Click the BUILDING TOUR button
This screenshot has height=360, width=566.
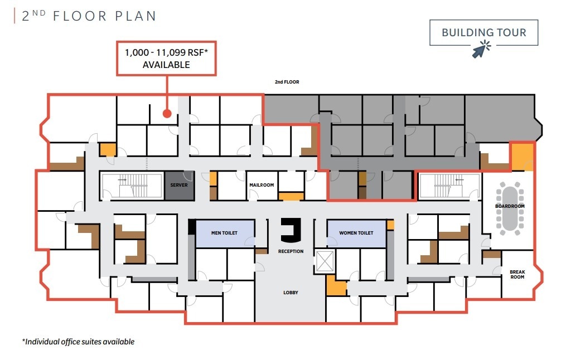coord(483,32)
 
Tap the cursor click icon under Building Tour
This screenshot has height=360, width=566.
coord(480,51)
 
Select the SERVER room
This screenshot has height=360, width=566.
coord(179,186)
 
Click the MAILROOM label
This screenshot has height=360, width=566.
coord(262,185)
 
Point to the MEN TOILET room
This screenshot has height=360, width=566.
coord(225,233)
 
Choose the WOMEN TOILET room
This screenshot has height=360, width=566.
coord(356,233)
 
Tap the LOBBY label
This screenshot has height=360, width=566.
coord(290,292)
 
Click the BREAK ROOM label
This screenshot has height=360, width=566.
coord(517,274)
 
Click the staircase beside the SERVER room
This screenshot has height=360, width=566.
coord(132,186)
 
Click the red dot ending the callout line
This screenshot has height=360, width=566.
coord(166,114)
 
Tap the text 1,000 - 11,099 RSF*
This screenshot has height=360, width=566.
coord(166,53)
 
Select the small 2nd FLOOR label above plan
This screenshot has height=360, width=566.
coord(287,82)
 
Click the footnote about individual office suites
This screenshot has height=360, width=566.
coord(78,342)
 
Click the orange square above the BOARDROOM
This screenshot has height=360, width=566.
coord(522,156)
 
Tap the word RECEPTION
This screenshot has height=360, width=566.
coord(291,251)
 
